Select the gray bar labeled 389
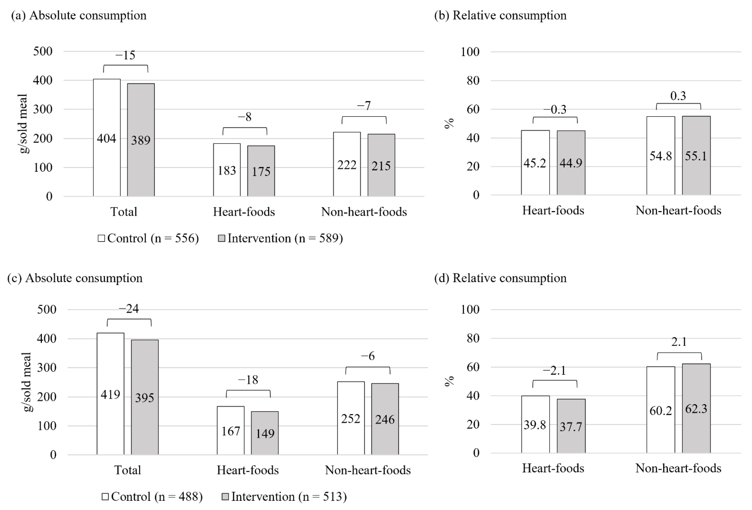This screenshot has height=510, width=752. pos(141,140)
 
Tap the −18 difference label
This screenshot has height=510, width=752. pos(248,380)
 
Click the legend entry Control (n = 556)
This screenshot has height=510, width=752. pos(148,238)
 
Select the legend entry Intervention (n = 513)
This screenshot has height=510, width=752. pos(284,496)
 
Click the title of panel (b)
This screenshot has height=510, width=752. pos(500,15)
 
